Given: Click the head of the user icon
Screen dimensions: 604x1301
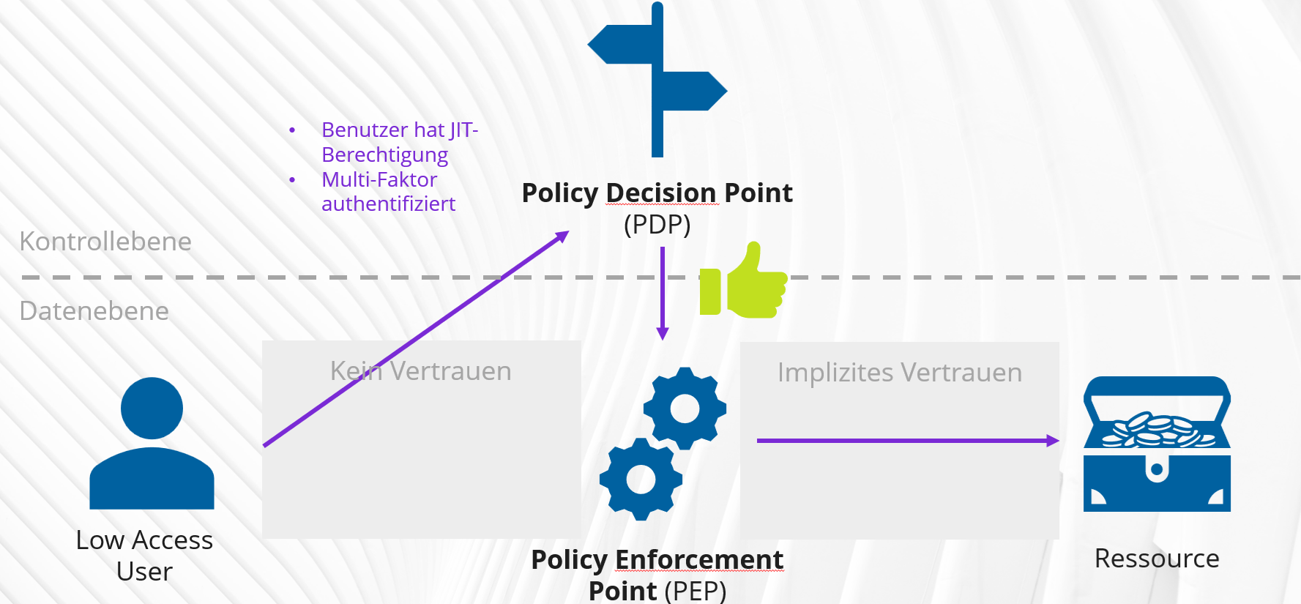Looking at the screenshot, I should click(152, 408).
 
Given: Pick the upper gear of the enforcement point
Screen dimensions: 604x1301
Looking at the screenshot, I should click(685, 409).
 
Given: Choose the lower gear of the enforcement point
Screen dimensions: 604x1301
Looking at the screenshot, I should click(641, 480).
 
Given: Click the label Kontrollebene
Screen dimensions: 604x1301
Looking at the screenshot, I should click(105, 242).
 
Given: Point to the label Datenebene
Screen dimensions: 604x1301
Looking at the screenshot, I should click(94, 311).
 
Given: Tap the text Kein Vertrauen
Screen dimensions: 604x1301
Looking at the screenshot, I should click(420, 371).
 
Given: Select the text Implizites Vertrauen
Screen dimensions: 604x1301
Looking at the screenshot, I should click(899, 373).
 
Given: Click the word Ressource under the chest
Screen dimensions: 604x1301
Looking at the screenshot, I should click(1157, 559).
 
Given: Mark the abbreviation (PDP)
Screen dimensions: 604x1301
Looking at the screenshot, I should click(657, 224).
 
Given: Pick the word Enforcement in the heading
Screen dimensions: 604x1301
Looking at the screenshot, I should click(698, 559).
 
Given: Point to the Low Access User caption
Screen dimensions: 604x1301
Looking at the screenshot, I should click(144, 555).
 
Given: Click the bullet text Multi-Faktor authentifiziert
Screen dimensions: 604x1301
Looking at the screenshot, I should click(387, 192).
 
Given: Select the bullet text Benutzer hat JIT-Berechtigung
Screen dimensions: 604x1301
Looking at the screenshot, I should click(399, 142).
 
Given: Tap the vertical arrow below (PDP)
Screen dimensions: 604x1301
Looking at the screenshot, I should click(663, 293).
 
